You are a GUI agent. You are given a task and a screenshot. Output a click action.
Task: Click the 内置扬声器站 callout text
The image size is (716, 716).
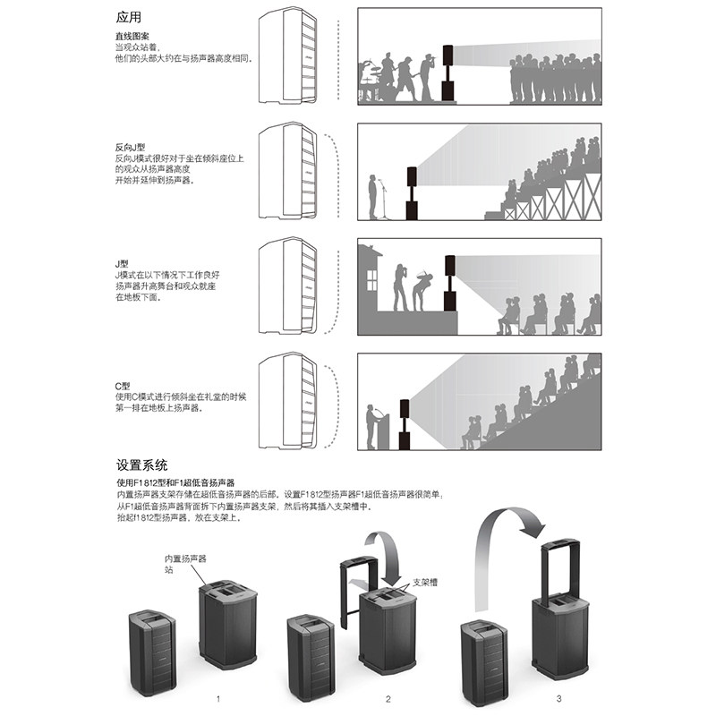pyautogui.click(x=185, y=563)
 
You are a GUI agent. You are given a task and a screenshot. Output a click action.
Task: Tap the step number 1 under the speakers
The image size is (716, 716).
pyautogui.click(x=217, y=695)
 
